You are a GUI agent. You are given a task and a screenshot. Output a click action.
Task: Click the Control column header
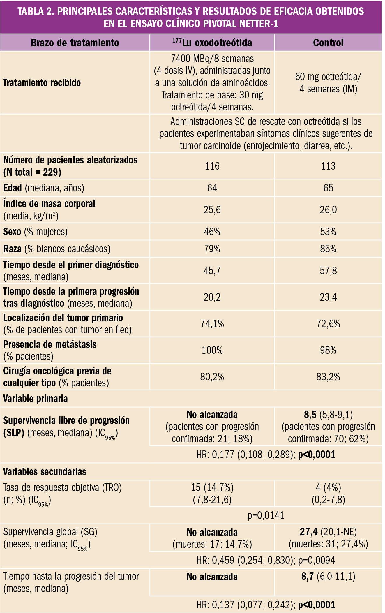[328, 43]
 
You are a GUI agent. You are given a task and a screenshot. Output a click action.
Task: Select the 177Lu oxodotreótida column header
[212, 43]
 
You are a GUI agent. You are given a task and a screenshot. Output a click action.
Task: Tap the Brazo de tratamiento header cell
[75, 43]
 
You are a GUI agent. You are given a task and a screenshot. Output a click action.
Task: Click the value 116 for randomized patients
[212, 166]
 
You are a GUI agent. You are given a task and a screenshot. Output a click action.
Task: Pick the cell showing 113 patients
[328, 166]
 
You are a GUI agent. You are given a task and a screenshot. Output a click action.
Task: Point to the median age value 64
[212, 188]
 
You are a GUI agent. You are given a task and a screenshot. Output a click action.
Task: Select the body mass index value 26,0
[328, 210]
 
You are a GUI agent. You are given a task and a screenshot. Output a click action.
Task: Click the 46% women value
[212, 232]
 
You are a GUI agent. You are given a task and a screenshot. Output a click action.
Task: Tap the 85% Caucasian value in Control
[328, 249]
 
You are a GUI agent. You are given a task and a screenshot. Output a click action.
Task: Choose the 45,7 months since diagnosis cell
[212, 271]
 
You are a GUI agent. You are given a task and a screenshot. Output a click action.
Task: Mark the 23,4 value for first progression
[328, 297]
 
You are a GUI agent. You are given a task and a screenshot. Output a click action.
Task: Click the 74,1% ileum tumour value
[212, 324]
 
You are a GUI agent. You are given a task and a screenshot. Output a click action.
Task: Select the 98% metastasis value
[328, 350]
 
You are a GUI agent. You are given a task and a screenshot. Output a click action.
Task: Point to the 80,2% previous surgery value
[212, 377]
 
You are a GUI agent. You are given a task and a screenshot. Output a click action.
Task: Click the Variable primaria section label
[36, 399]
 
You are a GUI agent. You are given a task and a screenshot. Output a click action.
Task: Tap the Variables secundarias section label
[45, 472]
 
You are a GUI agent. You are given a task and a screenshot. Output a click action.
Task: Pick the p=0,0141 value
[266, 515]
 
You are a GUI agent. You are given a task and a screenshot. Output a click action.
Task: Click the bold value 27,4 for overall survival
[309, 532]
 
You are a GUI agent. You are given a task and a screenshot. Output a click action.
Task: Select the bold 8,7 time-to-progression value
[308, 577]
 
